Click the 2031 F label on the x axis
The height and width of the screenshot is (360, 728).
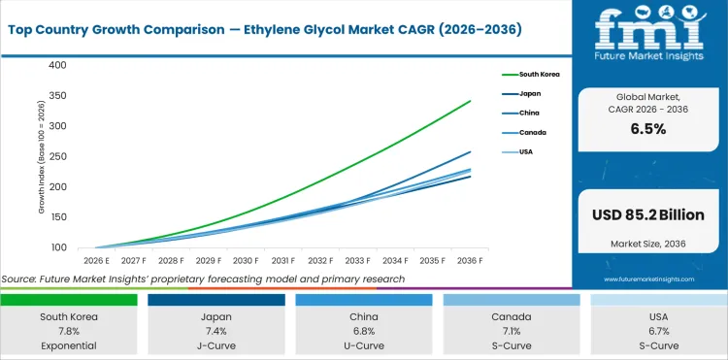click(283, 261)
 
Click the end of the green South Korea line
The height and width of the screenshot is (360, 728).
click(471, 101)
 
